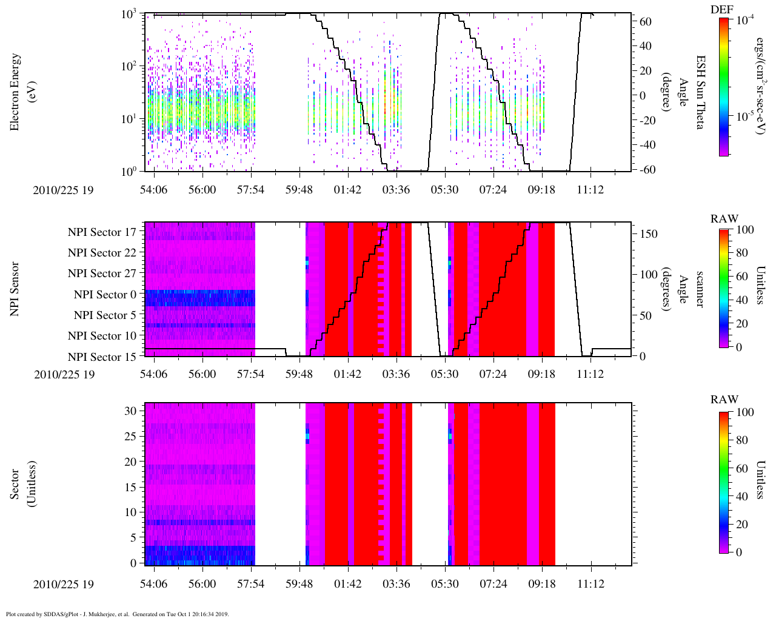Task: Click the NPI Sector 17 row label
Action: tap(102, 232)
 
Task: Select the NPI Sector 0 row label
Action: tap(105, 295)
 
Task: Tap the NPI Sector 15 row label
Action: tap(102, 357)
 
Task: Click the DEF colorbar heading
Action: tap(722, 9)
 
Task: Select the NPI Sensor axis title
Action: tap(15, 289)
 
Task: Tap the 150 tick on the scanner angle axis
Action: tap(649, 234)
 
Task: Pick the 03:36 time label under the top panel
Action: tap(396, 190)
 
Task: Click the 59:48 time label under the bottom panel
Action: tap(299, 584)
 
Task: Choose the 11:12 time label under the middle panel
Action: tap(590, 374)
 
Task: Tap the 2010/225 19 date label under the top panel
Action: tap(64, 190)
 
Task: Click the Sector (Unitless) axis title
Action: tap(21, 484)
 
